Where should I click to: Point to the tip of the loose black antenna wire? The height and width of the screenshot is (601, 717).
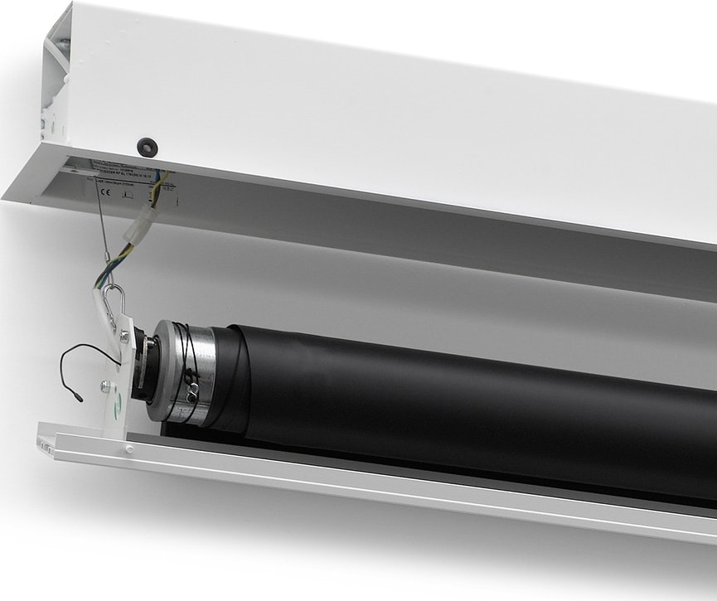[79, 399]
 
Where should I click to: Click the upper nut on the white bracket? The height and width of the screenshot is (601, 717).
[124, 336]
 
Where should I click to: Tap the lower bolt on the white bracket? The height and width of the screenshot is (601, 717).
[105, 385]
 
